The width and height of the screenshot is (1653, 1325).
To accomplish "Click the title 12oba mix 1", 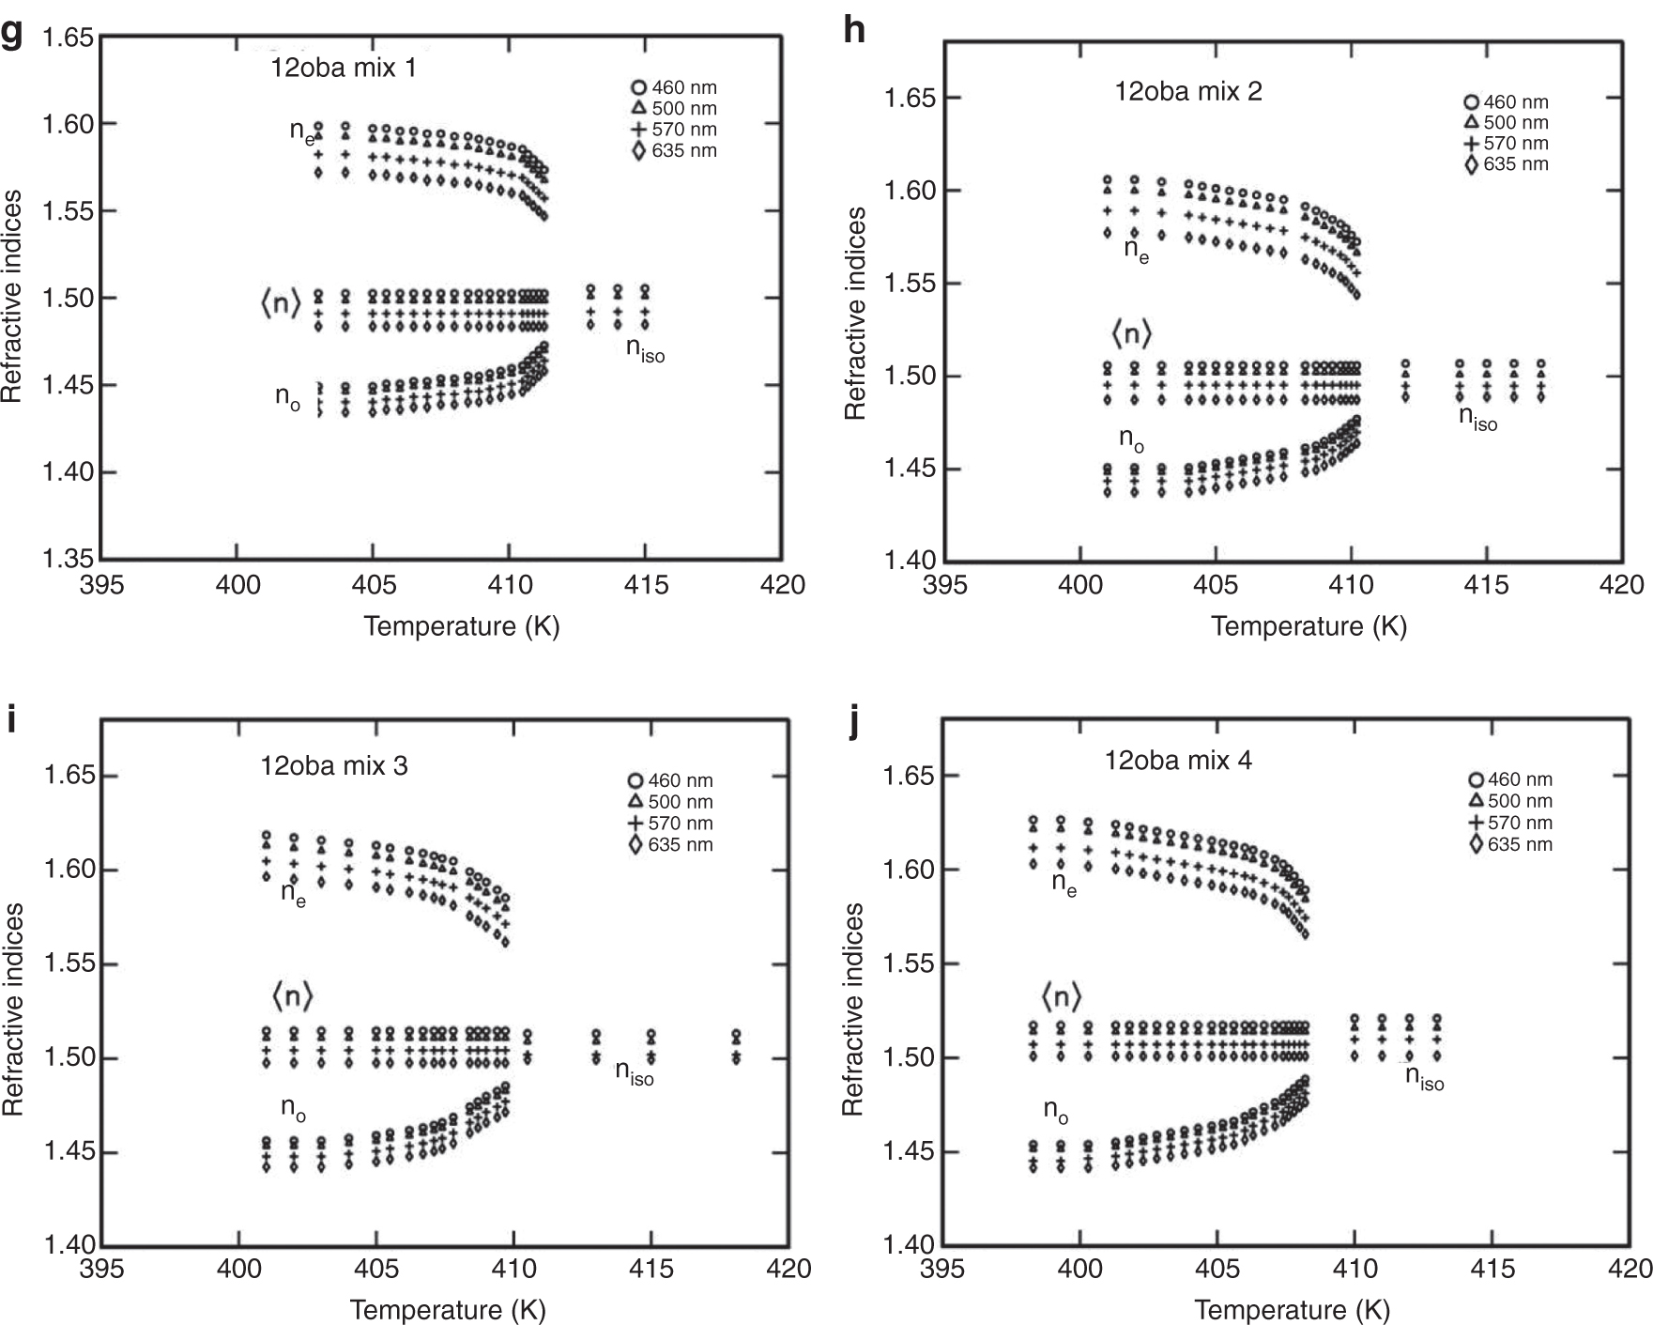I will tap(343, 68).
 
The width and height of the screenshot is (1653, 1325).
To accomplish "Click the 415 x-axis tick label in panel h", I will tap(1487, 585).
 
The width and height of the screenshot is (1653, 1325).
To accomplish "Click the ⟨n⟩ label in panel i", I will tap(291, 995).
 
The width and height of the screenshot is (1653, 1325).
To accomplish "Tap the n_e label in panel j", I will tap(1064, 884).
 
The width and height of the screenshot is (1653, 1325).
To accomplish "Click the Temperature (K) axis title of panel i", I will tap(447, 1309).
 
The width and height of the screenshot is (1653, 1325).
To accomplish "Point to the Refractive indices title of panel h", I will tap(854, 315).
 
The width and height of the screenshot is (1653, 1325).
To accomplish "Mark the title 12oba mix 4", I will tap(1177, 760).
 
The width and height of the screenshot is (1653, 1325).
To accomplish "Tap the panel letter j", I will tap(852, 723).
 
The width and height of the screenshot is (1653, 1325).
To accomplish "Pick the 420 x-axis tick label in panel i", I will tap(787, 1269).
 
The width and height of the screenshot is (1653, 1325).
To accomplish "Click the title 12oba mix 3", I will tap(334, 765).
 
